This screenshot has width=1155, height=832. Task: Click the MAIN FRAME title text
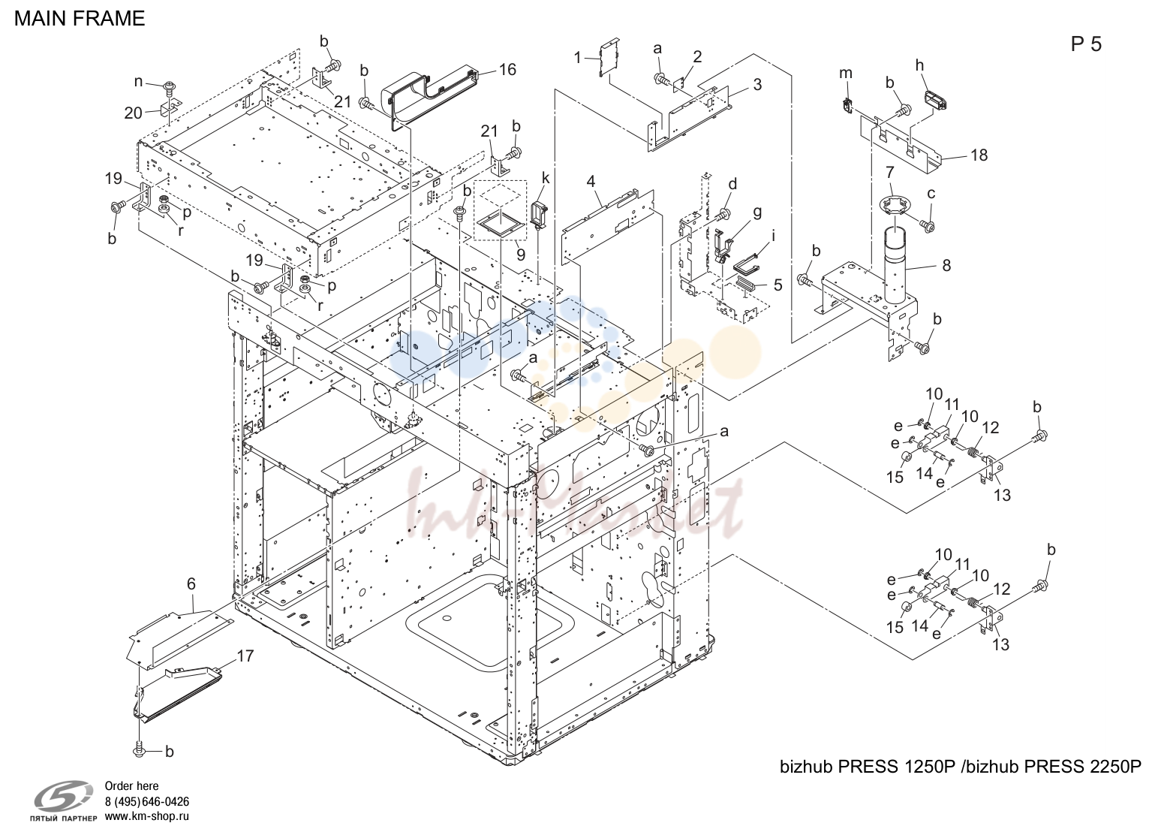tap(80, 19)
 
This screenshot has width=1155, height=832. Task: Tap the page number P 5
tap(1086, 44)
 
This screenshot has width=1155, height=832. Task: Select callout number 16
tap(507, 70)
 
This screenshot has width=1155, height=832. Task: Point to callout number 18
tap(979, 155)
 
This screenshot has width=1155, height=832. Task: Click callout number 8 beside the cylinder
tap(946, 265)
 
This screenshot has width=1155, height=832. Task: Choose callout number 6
tap(191, 584)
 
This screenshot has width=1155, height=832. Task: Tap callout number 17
tap(245, 656)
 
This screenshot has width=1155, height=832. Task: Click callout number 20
tap(133, 113)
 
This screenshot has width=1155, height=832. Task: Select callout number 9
tap(521, 255)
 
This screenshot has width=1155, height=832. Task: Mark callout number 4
tap(591, 182)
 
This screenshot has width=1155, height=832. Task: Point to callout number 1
tap(578, 57)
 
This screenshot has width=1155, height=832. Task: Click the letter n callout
tap(138, 82)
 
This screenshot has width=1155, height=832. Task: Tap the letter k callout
tap(546, 178)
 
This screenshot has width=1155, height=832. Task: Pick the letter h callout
tap(919, 65)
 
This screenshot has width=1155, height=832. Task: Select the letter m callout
tap(846, 74)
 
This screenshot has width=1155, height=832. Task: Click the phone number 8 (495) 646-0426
tap(146, 802)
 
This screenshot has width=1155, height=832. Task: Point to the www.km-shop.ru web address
tap(146, 816)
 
